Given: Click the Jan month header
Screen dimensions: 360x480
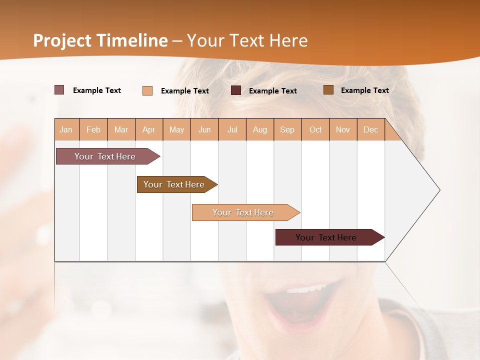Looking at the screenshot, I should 66,129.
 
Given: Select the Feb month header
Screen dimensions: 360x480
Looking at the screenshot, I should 93,129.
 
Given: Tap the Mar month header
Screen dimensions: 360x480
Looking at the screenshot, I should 121,129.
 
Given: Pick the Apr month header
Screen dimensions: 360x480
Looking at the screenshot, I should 149,129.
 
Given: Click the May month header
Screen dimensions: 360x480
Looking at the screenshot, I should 176,129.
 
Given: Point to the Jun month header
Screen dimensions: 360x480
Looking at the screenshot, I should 204,129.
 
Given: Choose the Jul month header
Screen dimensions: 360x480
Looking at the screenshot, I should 232,129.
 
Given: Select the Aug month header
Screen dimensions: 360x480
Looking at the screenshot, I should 260,129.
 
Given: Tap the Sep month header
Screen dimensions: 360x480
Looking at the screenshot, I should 287,129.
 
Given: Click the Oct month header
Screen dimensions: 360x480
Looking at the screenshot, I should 315,129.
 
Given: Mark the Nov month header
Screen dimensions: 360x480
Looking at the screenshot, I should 343,129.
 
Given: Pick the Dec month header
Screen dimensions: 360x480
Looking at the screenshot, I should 371,129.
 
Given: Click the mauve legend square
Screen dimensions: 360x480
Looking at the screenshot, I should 59,90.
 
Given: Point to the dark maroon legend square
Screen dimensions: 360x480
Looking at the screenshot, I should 236,90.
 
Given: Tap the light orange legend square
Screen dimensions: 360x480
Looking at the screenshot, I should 147,90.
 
